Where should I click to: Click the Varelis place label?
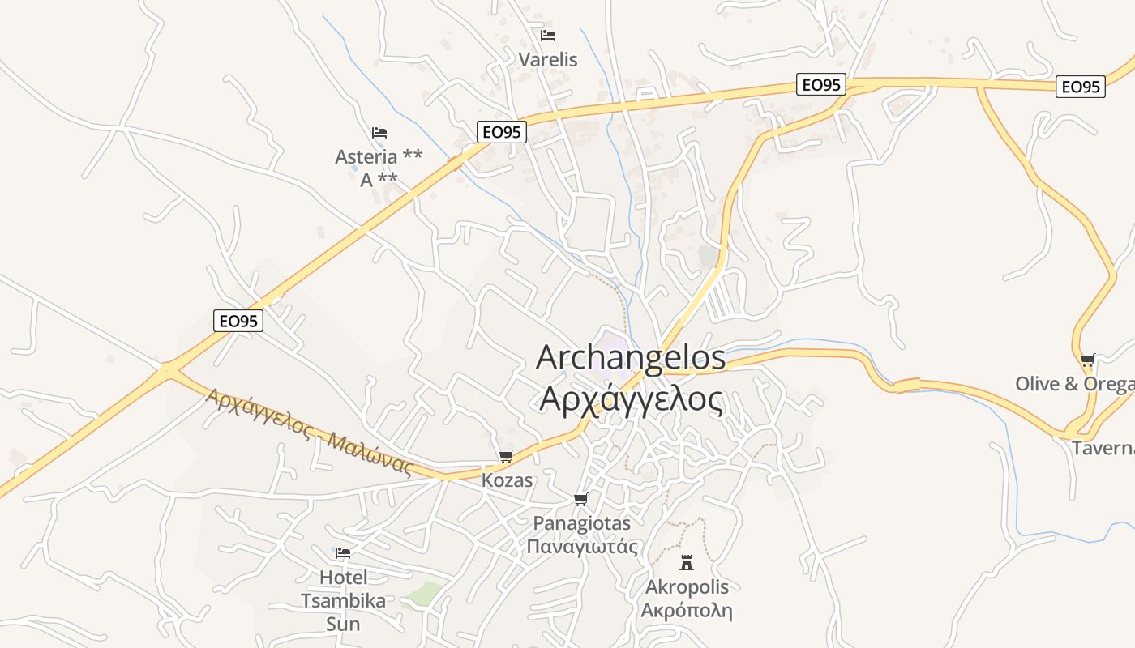point(548,59)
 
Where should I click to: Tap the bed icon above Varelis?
point(548,36)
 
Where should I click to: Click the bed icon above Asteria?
point(379,132)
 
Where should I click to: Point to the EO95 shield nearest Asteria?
point(502,132)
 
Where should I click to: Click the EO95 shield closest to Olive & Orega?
point(1081,87)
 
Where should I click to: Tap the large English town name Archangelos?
point(631,358)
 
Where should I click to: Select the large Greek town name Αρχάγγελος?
point(631,399)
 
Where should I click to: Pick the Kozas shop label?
point(508,480)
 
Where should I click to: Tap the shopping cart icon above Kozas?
point(508,457)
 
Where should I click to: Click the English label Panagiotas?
point(581,523)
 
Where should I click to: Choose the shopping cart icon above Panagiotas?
point(580,499)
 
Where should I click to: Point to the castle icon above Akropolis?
point(687,562)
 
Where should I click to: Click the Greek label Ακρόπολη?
point(687,610)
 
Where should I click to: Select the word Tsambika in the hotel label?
point(343,600)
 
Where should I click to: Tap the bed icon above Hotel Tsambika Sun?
point(343,553)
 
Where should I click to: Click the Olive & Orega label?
point(1075,383)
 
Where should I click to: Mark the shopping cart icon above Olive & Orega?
point(1087,360)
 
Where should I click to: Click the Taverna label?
point(1103,448)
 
